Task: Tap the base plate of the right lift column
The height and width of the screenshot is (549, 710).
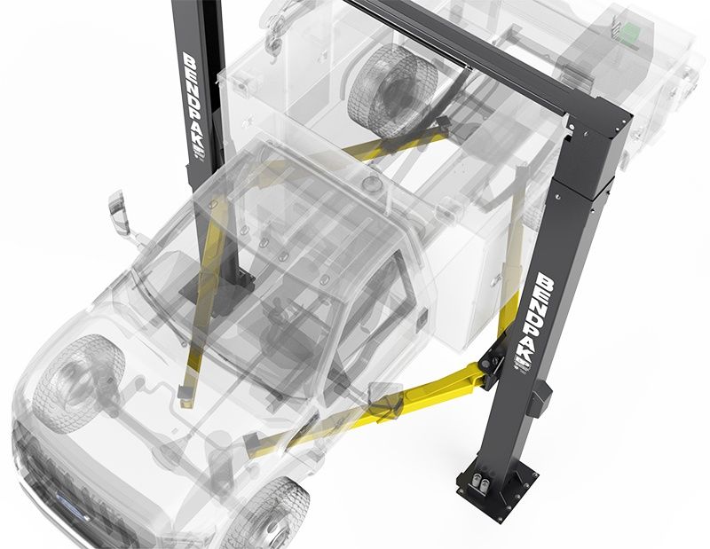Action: pos(497,484)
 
